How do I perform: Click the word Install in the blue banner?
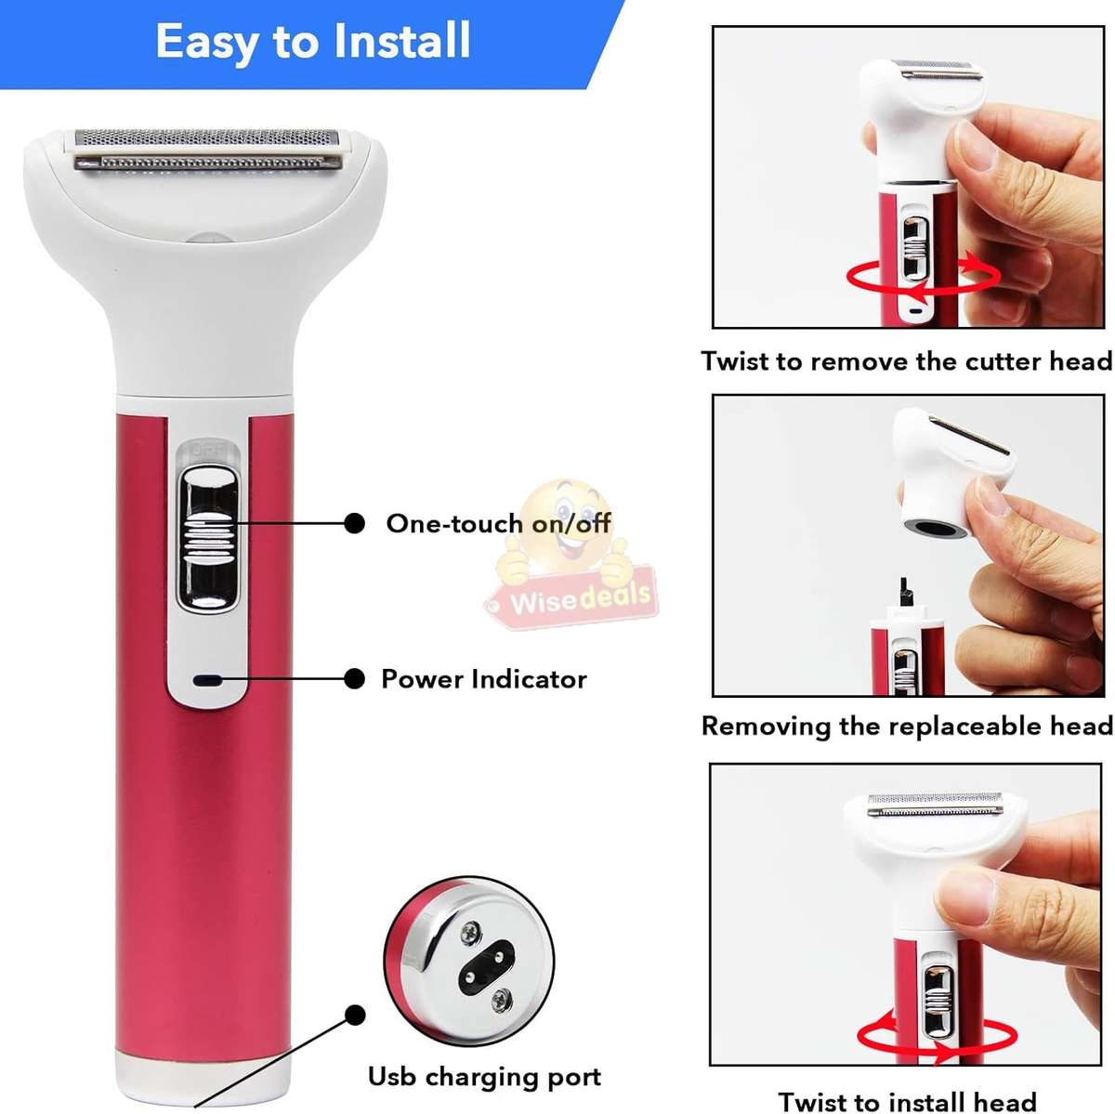[x=401, y=42]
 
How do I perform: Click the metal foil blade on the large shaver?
[x=208, y=151]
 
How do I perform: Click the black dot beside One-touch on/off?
[x=354, y=523]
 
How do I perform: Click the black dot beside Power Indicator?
[x=354, y=679]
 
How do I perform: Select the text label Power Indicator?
[x=483, y=679]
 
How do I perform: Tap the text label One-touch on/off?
[x=498, y=523]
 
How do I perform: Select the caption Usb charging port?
[x=484, y=1077]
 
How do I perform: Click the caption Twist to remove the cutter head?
[x=906, y=360]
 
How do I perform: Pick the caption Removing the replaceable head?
[x=906, y=726]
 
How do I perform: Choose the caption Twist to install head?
[x=907, y=1101]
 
